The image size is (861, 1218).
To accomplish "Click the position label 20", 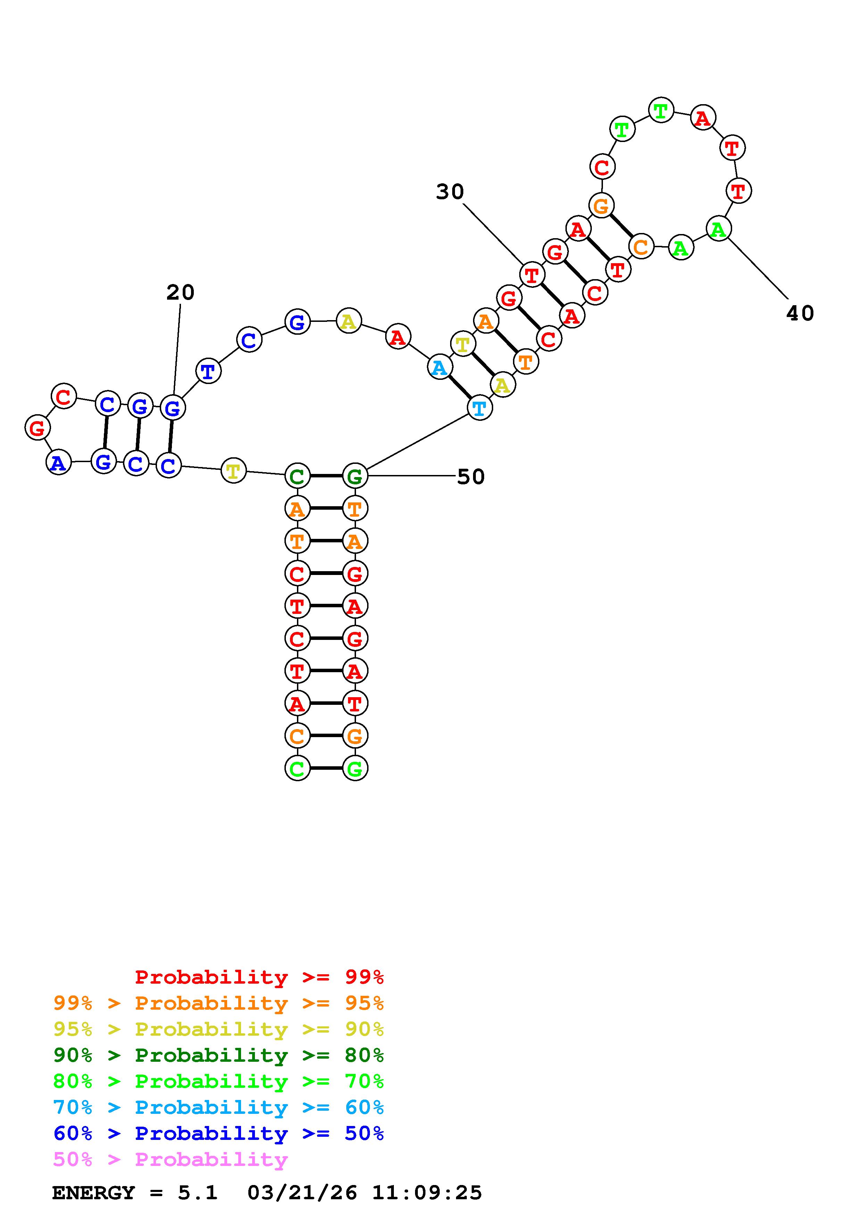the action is click(180, 292).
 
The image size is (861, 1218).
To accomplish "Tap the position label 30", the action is click(450, 192).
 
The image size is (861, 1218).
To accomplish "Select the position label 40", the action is click(800, 314).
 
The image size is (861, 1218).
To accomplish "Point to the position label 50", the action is click(471, 477).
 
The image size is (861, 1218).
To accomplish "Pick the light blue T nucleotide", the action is click(480, 408).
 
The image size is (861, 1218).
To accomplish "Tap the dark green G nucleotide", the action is click(355, 476).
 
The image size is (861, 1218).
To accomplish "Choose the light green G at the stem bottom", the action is click(355, 768).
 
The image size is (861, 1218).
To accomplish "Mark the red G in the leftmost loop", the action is click(38, 427).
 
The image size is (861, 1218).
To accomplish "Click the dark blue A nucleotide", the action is click(58, 462).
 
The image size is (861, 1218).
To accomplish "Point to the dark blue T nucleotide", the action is click(208, 372).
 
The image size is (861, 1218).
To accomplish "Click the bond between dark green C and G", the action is click(326, 476).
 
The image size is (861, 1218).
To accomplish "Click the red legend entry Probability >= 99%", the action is click(259, 977).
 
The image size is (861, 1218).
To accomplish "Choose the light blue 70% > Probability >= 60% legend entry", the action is click(218, 1108).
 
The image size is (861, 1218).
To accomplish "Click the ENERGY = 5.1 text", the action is click(135, 1193).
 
